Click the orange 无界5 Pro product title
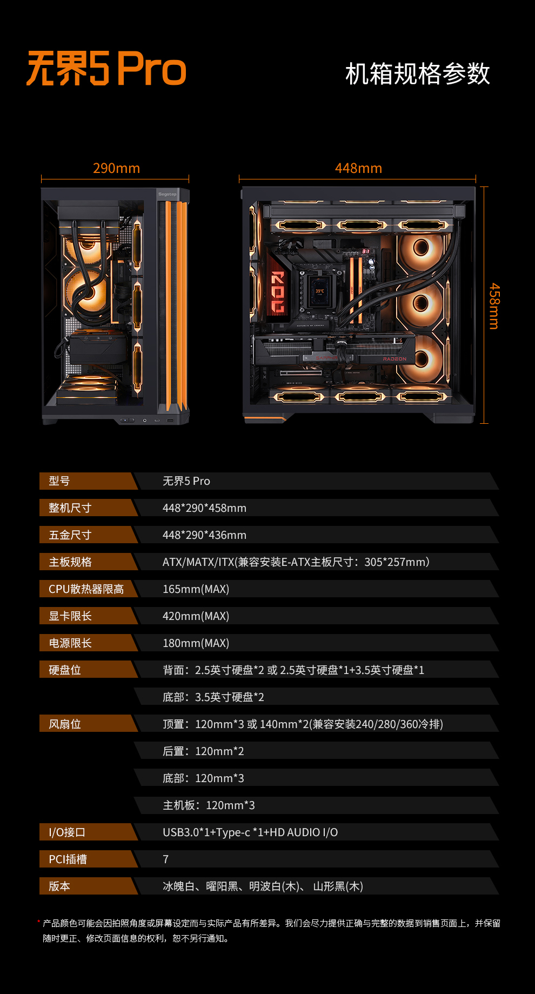coord(106,69)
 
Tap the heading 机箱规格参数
coord(417,74)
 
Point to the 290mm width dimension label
coord(116,168)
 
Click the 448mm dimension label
coord(358,168)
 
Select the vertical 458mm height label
coord(494,306)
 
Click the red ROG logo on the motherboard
coord(277,292)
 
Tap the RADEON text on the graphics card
coord(394,359)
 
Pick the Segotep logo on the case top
coord(167,194)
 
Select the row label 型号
coord(59,481)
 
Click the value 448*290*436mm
coord(204,535)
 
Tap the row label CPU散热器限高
coord(86,589)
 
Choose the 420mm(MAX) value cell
coord(196,616)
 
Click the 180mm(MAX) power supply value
coord(196,643)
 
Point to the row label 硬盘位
coord(65,670)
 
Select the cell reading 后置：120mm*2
coord(203,751)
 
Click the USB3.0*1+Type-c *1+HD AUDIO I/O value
coord(250,832)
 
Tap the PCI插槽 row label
coord(68,859)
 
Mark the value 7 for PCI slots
coord(166,859)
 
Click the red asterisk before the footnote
coord(39,922)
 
